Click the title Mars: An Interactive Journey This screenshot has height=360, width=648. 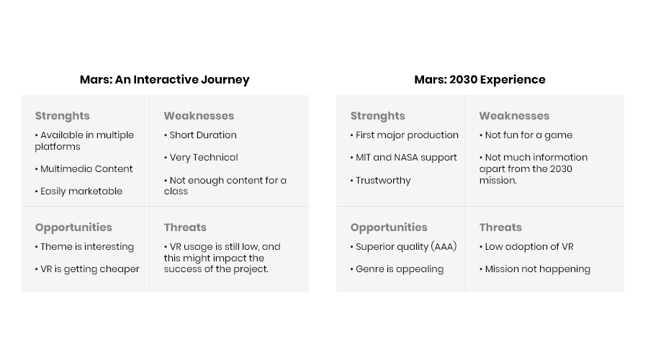coord(164,80)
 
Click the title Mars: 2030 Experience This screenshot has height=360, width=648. coord(480,79)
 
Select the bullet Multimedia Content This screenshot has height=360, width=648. coord(84,168)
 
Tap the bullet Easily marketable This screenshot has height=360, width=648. coord(78,191)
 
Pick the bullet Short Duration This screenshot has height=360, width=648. coord(200,135)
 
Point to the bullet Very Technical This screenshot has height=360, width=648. coord(201,157)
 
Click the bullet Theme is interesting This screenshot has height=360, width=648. coord(84,247)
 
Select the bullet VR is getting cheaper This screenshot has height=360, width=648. coord(87,269)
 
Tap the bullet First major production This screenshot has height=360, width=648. coord(405,135)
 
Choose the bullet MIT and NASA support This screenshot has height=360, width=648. coord(404,158)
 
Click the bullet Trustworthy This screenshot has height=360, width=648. coord(381,181)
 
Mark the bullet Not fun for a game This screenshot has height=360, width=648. coord(526,135)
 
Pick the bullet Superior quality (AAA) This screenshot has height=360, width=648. coord(404,247)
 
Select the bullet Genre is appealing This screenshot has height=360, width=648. coord(397,269)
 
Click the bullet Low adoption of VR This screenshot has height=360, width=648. coord(526,247)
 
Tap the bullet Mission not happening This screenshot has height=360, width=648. coord(535,269)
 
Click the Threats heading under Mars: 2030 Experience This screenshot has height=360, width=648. coord(500,228)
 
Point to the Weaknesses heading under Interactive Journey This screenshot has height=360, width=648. coord(199,116)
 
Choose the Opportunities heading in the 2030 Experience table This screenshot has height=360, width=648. coord(389,228)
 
